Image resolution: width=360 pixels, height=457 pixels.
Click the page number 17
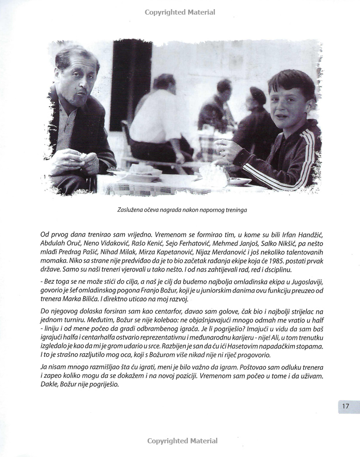pos(345,406)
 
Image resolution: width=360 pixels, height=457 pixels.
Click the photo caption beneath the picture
pos(180,210)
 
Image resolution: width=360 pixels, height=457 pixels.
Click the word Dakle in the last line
pos(50,385)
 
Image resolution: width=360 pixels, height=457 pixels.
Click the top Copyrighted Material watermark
pos(180,12)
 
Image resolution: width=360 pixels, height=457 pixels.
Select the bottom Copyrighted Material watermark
pos(182,441)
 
